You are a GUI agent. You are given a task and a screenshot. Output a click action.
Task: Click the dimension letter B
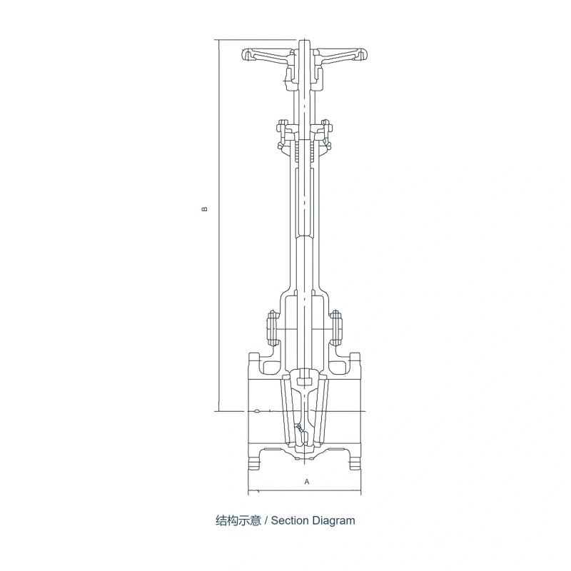coord(205,209)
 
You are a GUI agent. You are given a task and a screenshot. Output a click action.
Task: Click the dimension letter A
coord(307,481)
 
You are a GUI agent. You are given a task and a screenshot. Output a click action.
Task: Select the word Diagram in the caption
coord(333,521)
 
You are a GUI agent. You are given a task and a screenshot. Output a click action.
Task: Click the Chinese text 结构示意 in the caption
coord(238,521)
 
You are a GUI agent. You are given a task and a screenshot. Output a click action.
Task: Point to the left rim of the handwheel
coord(246,55)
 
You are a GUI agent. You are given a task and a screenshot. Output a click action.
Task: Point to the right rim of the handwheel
coord(363,55)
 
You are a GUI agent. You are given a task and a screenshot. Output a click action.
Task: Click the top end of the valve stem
coord(304,40)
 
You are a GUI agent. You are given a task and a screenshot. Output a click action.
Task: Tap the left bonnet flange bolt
coord(272,328)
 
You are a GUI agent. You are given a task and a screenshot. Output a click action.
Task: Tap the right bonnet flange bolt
coord(335,328)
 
